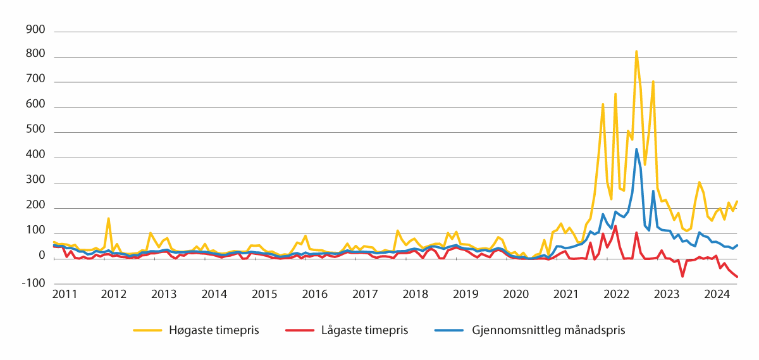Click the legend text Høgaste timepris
pos(214,330)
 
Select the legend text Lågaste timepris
pos(364,330)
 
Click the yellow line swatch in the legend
pos(147,330)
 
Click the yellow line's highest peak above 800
pos(636,51)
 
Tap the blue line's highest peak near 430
pos(636,149)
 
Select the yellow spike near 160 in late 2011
pos(108,218)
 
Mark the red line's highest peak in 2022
pos(615,226)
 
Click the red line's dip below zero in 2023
pos(682,276)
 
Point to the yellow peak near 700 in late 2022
pos(653,82)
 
